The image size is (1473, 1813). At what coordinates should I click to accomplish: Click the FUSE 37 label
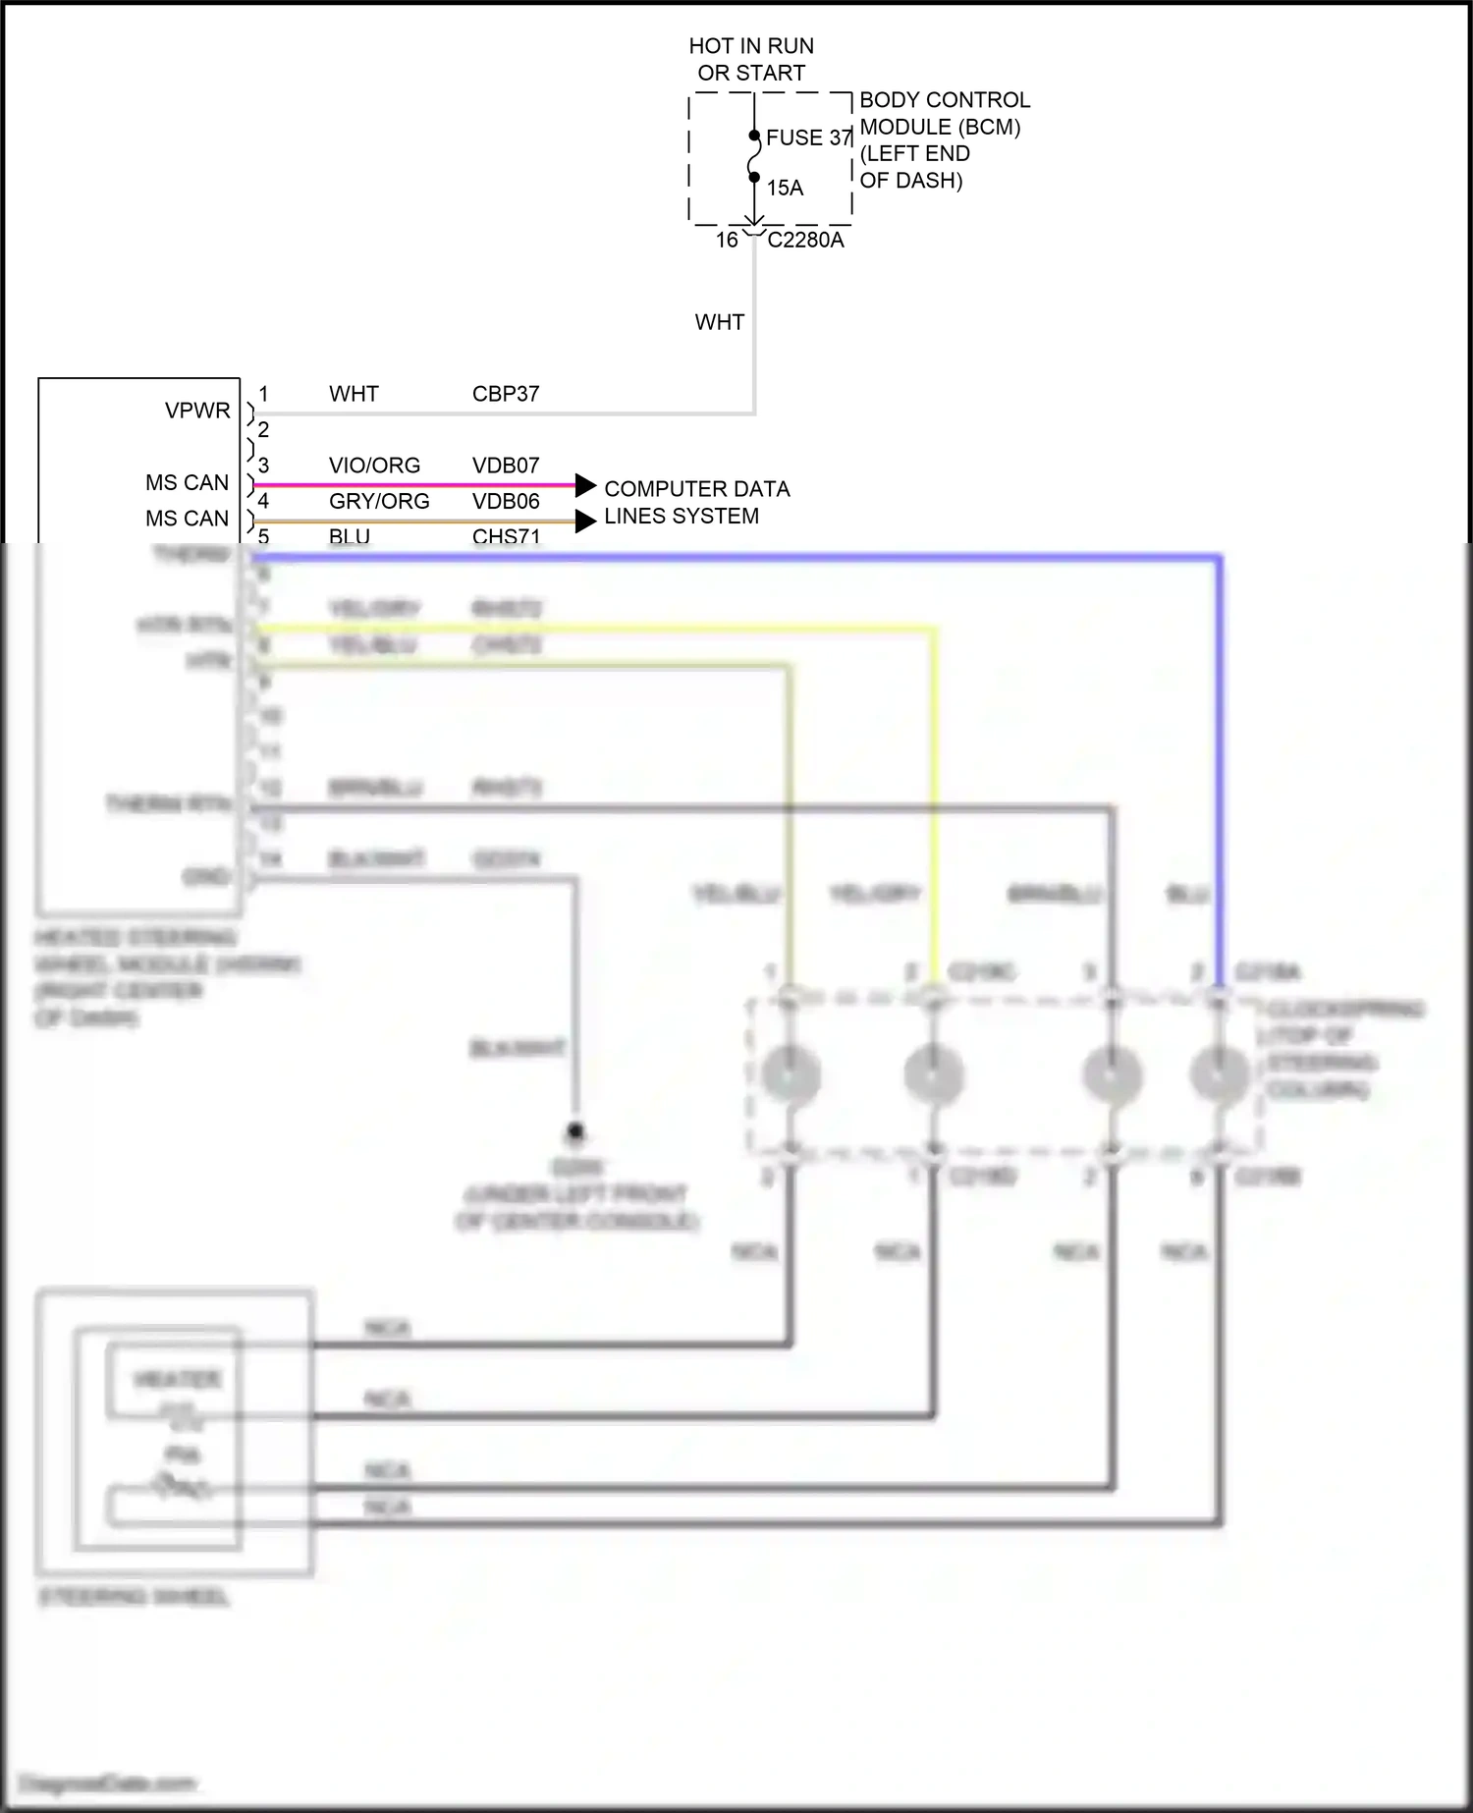(808, 137)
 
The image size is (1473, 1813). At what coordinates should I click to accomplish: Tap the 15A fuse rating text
(785, 188)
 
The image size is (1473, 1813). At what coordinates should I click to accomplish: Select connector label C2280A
(805, 241)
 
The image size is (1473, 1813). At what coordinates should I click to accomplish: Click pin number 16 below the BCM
(727, 241)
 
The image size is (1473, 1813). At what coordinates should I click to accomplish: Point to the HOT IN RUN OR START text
(751, 59)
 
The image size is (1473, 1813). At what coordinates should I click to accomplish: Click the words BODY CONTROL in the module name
(945, 100)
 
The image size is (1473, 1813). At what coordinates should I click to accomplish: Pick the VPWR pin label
(197, 411)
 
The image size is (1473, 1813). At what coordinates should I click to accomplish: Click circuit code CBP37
(506, 394)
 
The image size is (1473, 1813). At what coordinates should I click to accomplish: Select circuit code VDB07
(506, 466)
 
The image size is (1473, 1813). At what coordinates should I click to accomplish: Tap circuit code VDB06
(506, 502)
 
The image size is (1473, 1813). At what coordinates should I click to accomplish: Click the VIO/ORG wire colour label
(374, 466)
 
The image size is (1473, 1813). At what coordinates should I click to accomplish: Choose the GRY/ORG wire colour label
(379, 502)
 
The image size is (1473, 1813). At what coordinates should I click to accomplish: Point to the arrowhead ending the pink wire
(585, 485)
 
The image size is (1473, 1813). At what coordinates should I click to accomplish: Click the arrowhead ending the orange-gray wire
(585, 521)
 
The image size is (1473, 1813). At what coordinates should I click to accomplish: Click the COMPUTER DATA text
(696, 489)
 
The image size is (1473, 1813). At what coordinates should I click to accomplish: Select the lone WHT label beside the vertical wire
(719, 322)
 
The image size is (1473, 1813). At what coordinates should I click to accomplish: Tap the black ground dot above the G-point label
(575, 1131)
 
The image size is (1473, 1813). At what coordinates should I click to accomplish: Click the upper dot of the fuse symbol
(754, 136)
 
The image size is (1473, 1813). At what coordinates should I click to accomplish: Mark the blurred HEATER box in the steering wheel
(177, 1381)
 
